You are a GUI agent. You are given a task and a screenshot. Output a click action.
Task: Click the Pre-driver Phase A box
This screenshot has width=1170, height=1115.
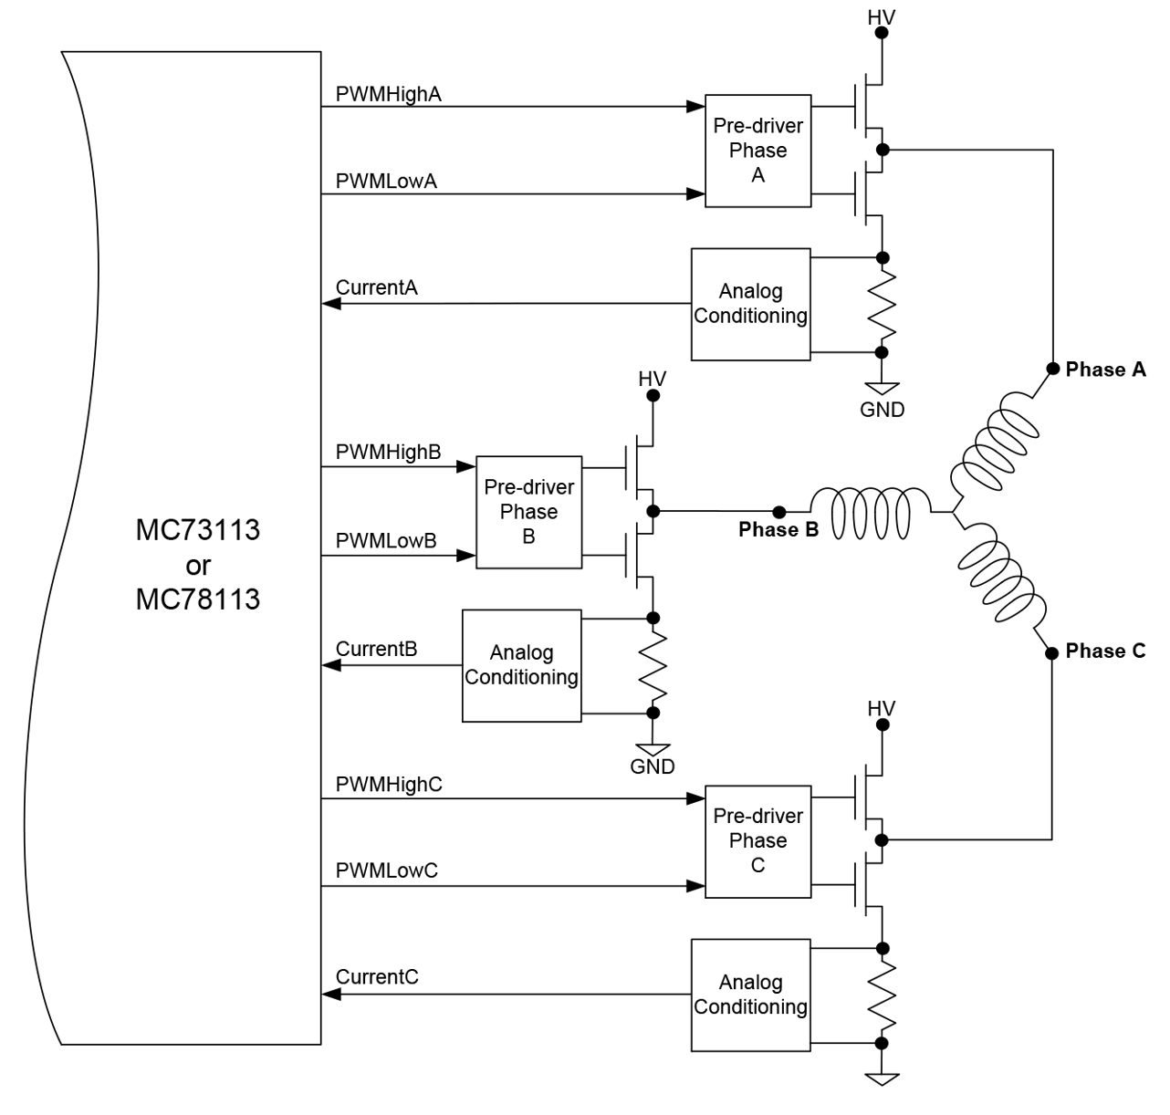coord(757,151)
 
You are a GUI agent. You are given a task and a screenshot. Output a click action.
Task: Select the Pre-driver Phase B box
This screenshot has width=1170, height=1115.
coord(528,512)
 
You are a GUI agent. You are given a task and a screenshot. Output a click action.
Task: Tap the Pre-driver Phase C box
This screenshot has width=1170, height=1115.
coord(757,840)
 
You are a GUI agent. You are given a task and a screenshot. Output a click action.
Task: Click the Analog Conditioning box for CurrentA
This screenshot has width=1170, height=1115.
coord(750,304)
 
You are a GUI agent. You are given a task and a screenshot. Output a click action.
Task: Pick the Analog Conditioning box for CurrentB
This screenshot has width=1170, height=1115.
coord(521,665)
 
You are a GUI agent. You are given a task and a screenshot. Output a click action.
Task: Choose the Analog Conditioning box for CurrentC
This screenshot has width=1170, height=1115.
coord(750,995)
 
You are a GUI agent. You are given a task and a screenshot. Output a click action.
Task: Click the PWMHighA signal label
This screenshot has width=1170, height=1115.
coord(388,94)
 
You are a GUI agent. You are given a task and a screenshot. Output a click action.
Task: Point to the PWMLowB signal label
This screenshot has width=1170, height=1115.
coord(386,540)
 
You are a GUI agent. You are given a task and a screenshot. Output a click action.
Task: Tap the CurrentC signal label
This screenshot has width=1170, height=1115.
coord(377,976)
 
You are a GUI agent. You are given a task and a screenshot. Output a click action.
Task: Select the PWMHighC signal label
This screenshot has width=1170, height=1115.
coord(389,784)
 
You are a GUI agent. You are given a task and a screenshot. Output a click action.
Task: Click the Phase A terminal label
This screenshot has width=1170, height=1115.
coord(1105,370)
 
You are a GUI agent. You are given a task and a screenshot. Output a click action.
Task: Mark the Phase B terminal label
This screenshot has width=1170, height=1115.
coord(778,530)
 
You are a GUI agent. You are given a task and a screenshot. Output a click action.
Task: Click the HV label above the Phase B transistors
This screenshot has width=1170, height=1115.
coord(652,379)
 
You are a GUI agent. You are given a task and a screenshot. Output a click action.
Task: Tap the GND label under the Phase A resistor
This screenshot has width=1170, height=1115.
coord(882,410)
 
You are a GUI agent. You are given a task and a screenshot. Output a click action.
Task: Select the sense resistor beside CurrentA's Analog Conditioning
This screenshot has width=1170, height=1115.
coord(882,305)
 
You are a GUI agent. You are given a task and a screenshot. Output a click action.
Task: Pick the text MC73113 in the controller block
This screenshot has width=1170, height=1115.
coord(197,529)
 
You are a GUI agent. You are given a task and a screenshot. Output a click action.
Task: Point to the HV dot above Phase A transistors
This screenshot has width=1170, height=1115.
coord(882,33)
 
